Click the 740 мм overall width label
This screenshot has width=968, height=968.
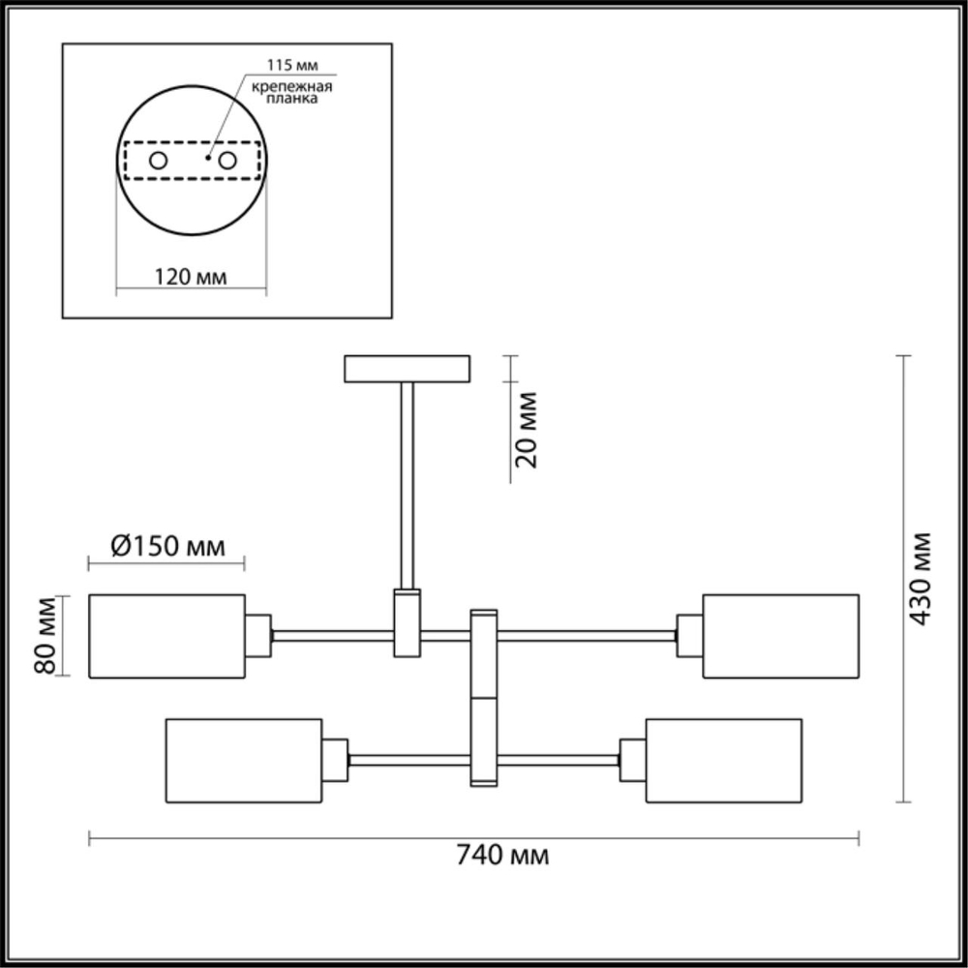tap(502, 856)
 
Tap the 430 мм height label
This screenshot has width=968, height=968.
tap(921, 578)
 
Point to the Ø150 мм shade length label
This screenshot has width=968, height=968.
tap(167, 546)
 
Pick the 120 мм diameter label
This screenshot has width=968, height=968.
tap(191, 277)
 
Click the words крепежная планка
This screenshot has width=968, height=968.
tap(292, 95)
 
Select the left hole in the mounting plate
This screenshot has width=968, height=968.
tap(157, 161)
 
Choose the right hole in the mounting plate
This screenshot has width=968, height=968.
tap(229, 161)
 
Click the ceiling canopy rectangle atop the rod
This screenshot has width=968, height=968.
tap(408, 369)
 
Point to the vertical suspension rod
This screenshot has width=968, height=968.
tap(408, 484)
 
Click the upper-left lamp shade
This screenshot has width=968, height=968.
tap(166, 636)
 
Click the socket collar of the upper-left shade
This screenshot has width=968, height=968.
tap(257, 636)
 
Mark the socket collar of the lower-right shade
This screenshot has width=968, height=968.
tap(633, 760)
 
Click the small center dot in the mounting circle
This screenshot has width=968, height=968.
tap(209, 155)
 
